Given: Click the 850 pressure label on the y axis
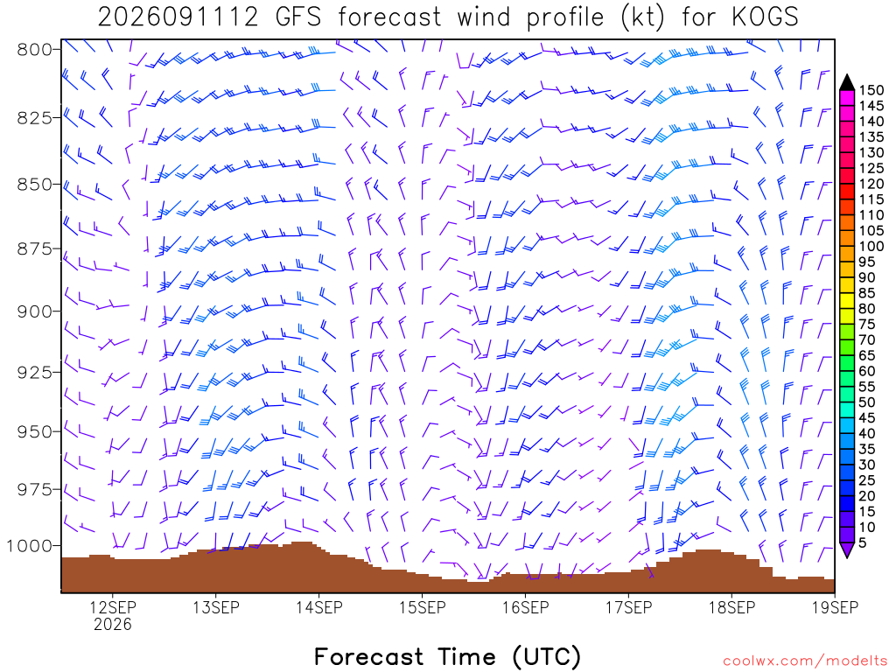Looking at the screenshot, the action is coord(34,185).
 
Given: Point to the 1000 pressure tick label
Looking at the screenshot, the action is coord(29,546).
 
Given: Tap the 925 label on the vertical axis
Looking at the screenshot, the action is coord(34,373).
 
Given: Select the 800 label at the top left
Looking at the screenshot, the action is coord(34,50).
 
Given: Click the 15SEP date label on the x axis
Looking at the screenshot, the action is coord(423,607).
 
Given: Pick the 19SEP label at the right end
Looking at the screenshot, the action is coord(835,607).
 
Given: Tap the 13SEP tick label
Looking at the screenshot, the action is coord(215,607).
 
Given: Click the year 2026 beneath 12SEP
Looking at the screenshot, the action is coord(113,624).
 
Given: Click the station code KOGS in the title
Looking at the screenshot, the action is coord(765,17).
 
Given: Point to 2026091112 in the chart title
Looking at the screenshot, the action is coord(178,17).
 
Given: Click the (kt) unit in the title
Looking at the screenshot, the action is coord(643,17).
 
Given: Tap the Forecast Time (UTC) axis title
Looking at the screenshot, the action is coord(447,656).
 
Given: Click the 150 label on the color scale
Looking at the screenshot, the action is coord(871,90).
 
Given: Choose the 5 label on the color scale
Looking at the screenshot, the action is coord(863,542).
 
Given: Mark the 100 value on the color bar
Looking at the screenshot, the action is coord(871,246).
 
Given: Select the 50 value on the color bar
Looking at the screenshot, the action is coord(867,402).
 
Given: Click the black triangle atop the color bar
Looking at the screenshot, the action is coord(847,82).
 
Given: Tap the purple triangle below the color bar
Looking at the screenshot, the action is coord(847,549).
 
